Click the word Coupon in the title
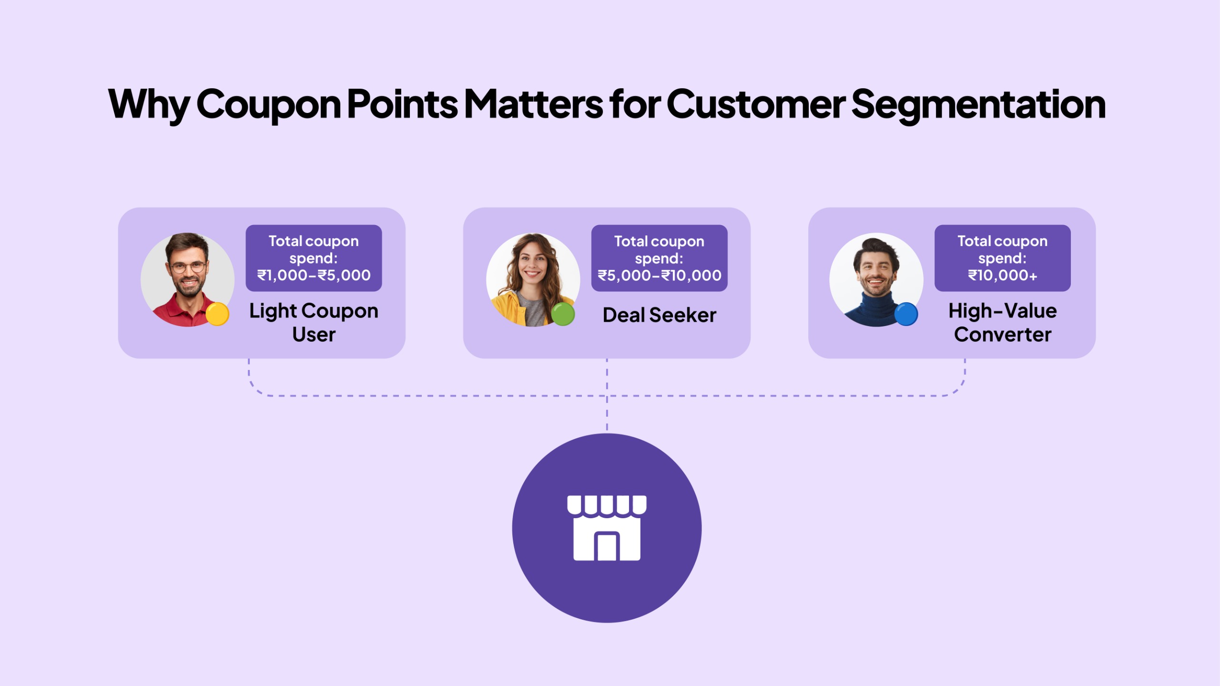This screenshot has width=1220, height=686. coord(268,104)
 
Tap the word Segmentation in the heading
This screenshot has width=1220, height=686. coord(978,104)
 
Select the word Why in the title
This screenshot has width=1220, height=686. coord(149,104)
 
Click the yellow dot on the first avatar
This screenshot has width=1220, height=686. coord(217,314)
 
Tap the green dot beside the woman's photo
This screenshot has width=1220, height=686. coord(563,314)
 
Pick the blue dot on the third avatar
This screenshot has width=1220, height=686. coord(906,314)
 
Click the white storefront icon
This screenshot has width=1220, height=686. coord(607,528)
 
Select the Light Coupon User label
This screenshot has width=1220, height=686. coord(314,322)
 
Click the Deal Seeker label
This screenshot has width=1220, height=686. coord(659,315)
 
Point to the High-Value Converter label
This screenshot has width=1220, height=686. coord(1002,322)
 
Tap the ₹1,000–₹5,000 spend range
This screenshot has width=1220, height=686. coord(314,275)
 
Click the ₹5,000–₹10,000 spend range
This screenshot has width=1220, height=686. coord(659,275)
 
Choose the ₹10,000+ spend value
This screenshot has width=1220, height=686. coord(1002,275)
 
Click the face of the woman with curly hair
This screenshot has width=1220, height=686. coord(532,265)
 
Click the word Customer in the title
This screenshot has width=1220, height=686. coord(756,104)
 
